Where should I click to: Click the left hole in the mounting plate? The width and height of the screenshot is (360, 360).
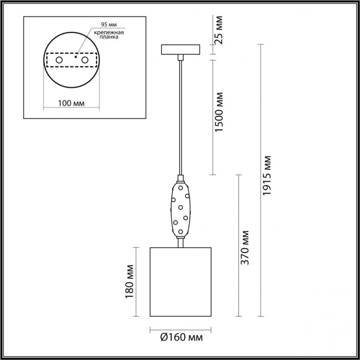pos(59,61)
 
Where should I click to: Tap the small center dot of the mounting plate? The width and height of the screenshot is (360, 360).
pos(75,58)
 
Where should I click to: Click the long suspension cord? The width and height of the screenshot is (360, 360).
pos(180,115)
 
